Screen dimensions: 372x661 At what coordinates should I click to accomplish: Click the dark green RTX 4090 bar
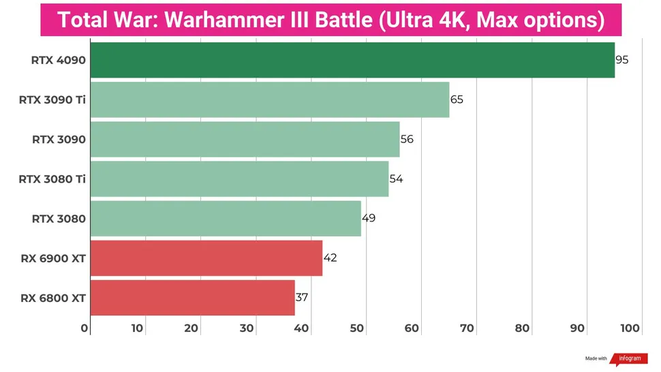(x=352, y=60)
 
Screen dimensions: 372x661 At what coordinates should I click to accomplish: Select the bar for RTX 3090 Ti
(x=269, y=99)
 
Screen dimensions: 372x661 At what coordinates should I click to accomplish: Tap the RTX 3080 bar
(x=225, y=218)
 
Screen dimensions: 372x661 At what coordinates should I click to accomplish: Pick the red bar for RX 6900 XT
(x=206, y=258)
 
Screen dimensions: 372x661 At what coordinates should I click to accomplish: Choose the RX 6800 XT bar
(x=192, y=297)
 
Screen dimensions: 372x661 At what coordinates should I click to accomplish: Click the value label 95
(x=621, y=60)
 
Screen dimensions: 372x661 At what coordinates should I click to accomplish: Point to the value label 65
(x=457, y=99)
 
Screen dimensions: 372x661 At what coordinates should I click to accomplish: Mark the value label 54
(x=396, y=179)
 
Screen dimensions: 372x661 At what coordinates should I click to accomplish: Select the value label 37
(x=303, y=297)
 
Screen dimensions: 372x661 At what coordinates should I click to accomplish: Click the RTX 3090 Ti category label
(x=52, y=99)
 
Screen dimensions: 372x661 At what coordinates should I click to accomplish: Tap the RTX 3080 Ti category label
(x=52, y=179)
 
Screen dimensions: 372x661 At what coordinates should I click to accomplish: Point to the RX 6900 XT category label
(x=53, y=258)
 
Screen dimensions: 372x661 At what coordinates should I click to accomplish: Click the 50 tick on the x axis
(x=356, y=328)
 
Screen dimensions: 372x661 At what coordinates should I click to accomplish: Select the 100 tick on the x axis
(x=630, y=328)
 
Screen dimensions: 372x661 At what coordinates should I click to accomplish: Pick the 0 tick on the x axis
(x=85, y=328)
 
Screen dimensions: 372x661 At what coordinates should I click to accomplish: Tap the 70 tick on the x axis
(x=467, y=328)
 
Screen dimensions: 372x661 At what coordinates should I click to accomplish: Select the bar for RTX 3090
(x=244, y=139)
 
